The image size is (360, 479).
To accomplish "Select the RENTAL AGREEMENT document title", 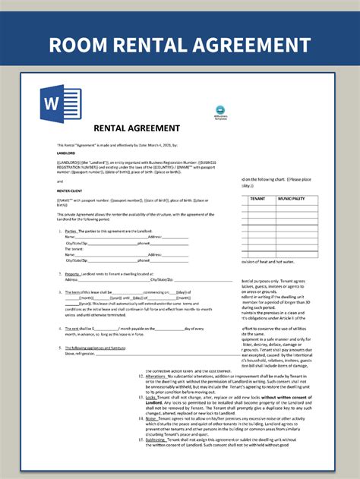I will [x=137, y=128].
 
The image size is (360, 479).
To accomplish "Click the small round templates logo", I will [x=221, y=110].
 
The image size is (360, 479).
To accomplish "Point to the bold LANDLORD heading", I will [x=67, y=151].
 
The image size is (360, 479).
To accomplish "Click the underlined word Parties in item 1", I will [x=72, y=231].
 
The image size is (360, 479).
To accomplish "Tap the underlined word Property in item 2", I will [x=74, y=273].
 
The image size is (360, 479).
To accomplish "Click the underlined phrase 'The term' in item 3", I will [x=74, y=291].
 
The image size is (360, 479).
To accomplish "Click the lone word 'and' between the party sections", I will [x=60, y=182].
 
